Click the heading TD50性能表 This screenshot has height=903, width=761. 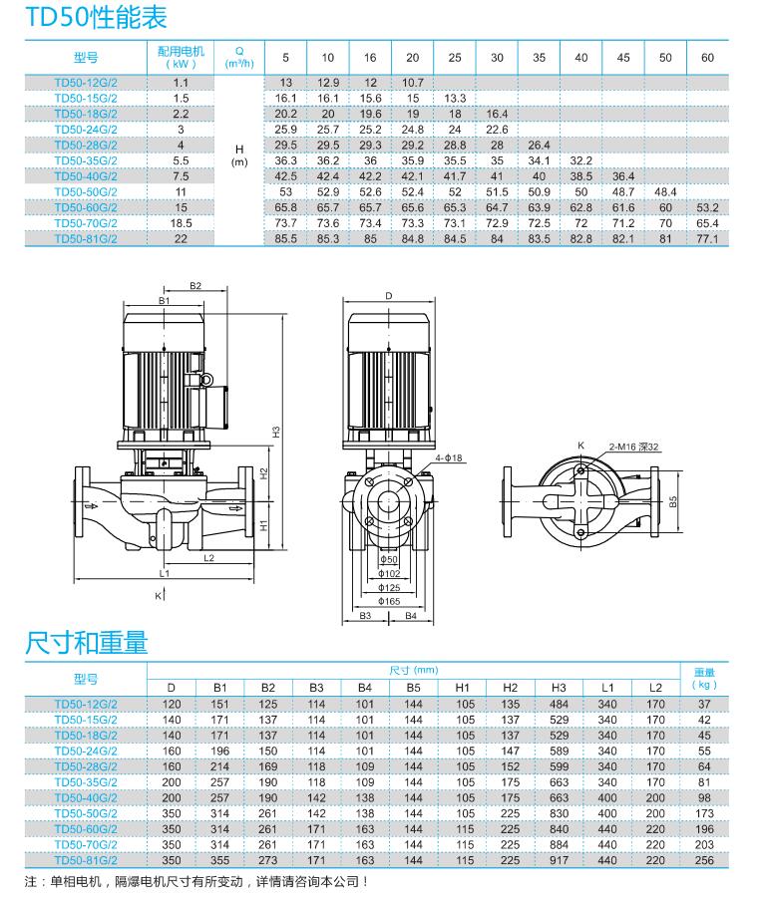point(97,17)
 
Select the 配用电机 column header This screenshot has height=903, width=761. point(181,57)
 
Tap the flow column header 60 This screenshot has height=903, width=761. point(707,57)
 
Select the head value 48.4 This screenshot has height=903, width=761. point(665,191)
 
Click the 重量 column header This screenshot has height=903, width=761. point(705,679)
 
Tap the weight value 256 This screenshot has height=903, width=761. point(705,860)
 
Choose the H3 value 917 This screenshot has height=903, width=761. point(559,860)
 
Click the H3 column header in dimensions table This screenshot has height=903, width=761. point(559,688)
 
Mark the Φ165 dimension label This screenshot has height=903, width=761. point(389,602)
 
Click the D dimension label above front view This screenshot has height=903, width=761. point(389,296)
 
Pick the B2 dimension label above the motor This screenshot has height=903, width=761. point(195,286)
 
